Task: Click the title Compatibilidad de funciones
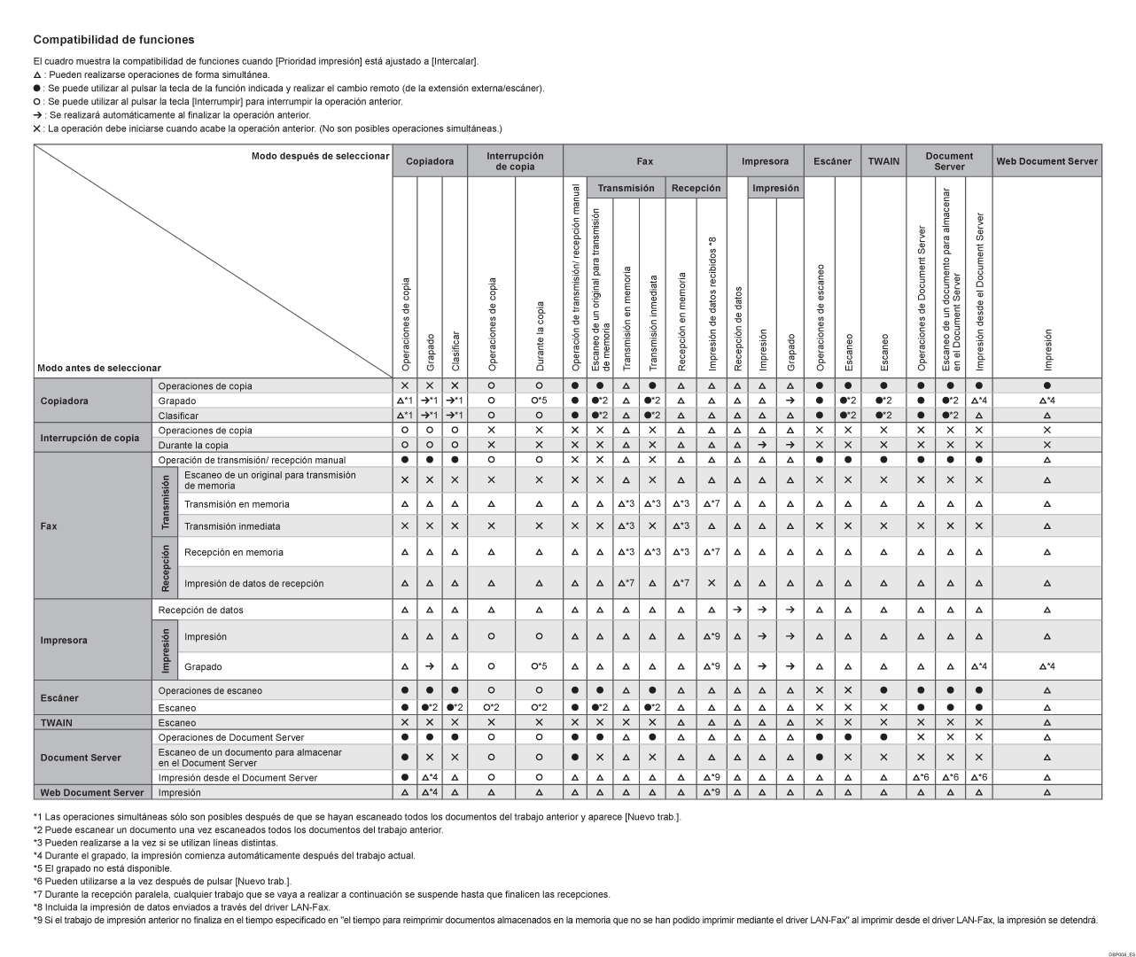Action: (x=113, y=40)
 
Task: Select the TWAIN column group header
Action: (x=883, y=161)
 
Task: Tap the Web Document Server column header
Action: (x=1047, y=161)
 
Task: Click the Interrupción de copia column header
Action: (x=515, y=161)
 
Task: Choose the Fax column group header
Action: (x=644, y=161)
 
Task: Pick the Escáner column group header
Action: (x=832, y=161)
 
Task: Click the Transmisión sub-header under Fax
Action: (x=626, y=188)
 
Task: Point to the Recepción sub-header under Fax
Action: (x=696, y=188)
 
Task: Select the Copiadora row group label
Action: (x=64, y=401)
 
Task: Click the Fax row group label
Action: (x=49, y=525)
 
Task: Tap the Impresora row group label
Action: (x=64, y=640)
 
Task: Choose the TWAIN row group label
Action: (x=57, y=723)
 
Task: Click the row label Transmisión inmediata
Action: (x=232, y=526)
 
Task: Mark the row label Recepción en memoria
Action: (x=234, y=552)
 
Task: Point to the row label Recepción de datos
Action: (x=200, y=610)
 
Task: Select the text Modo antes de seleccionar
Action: (x=99, y=368)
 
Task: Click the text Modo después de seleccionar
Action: (x=320, y=156)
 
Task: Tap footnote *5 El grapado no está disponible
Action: (x=103, y=868)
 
